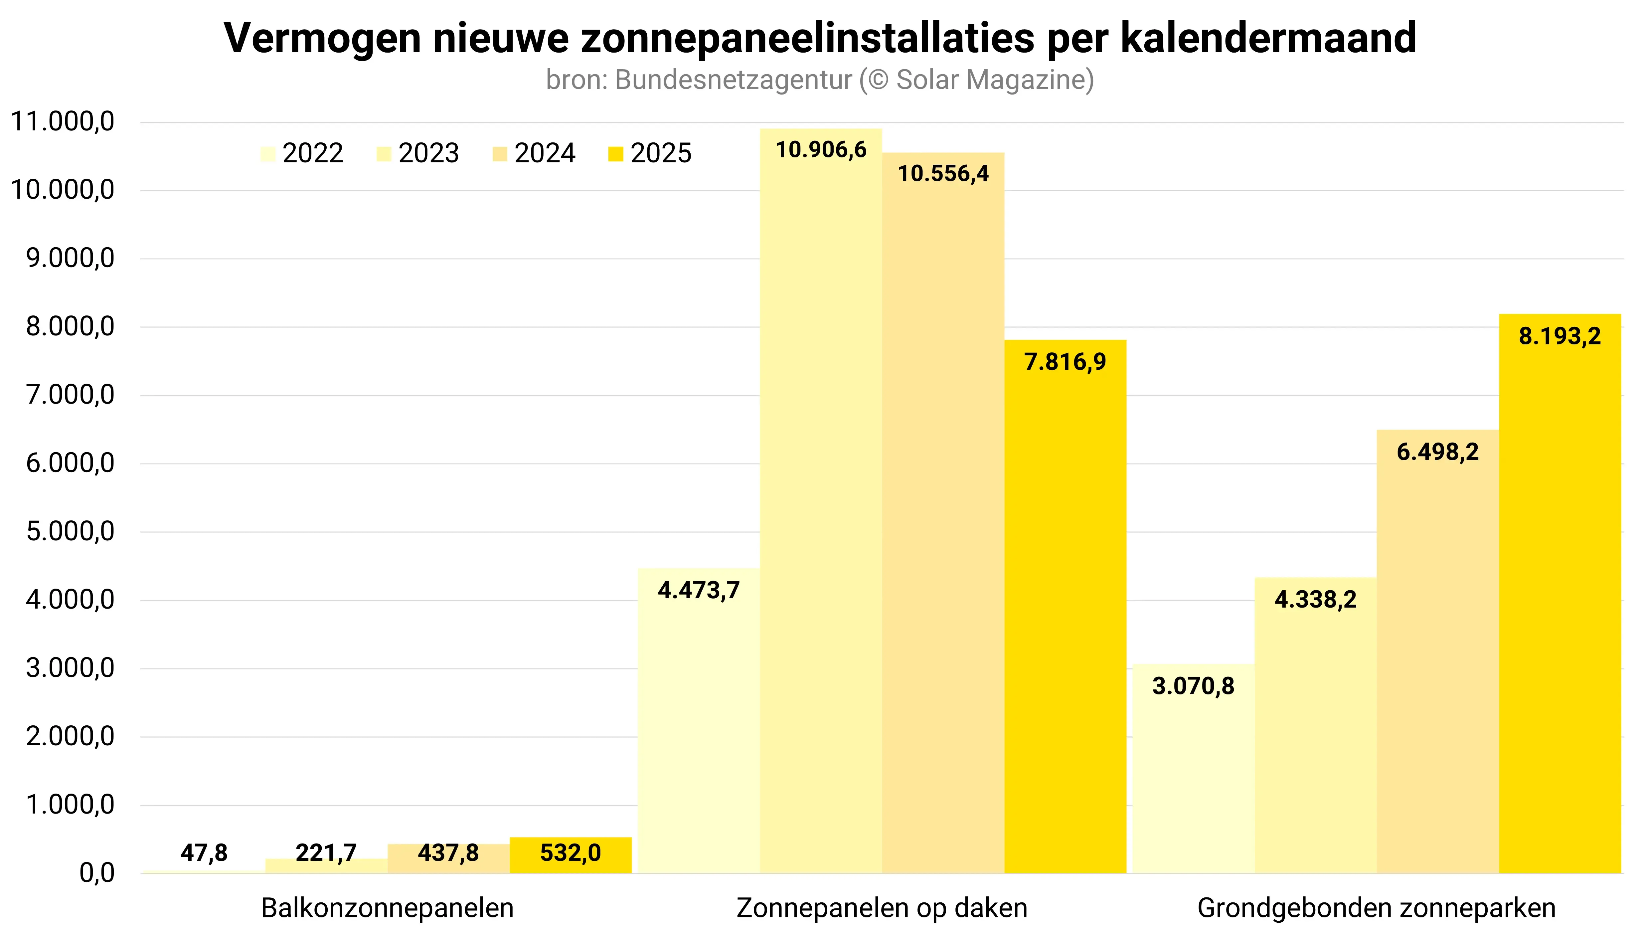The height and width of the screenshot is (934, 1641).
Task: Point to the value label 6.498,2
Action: pos(1438,452)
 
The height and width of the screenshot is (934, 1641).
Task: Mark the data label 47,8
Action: pos(204,852)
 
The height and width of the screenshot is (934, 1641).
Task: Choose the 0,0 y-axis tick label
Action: pos(96,873)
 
